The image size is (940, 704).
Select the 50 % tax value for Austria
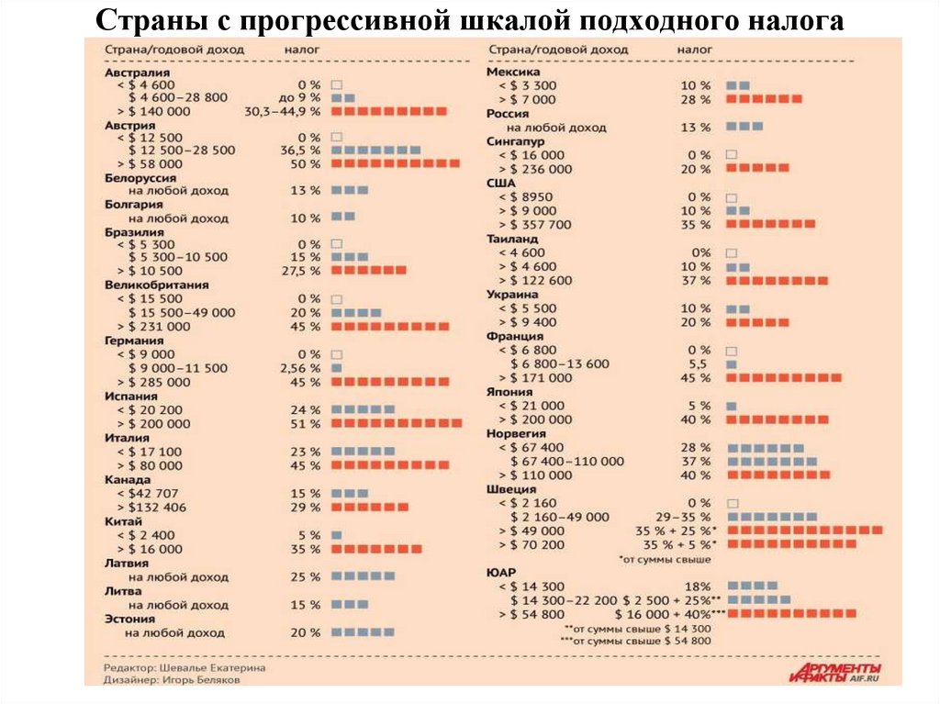coord(306,163)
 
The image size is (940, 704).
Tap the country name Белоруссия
coord(140,178)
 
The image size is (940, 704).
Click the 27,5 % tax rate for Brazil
coord(302,271)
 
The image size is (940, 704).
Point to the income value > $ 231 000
coord(154,326)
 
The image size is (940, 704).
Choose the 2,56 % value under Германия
coord(300,368)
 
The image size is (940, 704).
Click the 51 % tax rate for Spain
coord(308,423)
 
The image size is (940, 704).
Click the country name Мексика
coord(513,72)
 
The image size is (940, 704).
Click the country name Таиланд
coord(514,239)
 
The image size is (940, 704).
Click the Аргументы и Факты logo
coord(834,672)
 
